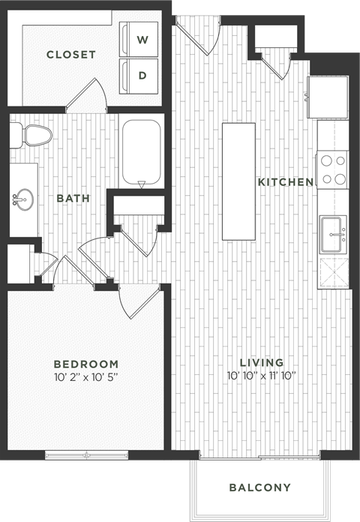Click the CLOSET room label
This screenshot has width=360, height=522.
[x=71, y=54]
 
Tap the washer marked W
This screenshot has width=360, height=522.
[x=142, y=37]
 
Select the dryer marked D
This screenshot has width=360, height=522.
[x=142, y=75]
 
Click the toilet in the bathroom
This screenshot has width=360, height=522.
[x=34, y=136]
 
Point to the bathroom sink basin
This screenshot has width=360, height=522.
[x=22, y=199]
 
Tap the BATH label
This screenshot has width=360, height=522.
[x=73, y=199]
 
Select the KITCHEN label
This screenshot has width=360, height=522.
[x=285, y=182]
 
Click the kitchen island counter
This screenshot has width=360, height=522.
[x=238, y=182]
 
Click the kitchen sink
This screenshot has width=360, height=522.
[x=332, y=235]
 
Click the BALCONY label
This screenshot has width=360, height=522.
[x=259, y=488]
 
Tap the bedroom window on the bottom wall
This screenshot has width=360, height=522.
[x=86, y=454]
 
